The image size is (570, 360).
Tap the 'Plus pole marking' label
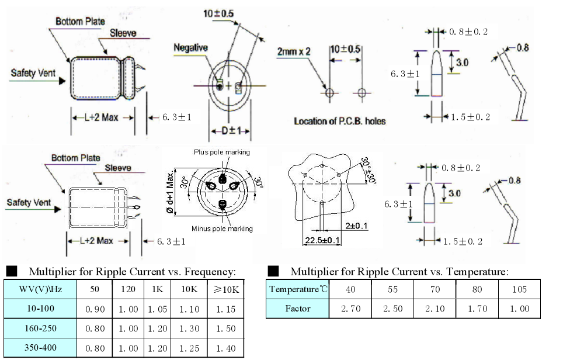222,152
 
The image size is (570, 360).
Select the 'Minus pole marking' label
222,229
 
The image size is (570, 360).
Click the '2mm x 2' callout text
294,51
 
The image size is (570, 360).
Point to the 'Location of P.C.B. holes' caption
339,121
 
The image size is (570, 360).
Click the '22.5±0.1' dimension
322,240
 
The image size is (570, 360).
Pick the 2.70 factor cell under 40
350,308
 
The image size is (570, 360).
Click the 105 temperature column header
519,289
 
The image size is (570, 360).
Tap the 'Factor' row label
297,308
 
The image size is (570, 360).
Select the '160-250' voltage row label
36,328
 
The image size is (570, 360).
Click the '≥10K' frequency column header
226,289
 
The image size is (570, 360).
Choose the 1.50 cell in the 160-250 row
226,328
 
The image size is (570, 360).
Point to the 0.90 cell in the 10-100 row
95,309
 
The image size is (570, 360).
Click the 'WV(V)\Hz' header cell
36,289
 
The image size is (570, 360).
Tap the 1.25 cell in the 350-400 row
190,348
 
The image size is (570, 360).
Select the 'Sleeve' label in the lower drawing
118,168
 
